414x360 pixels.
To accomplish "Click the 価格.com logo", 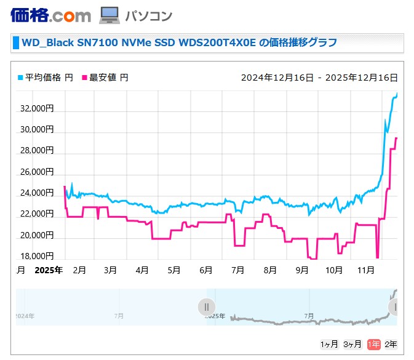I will (x=50, y=15).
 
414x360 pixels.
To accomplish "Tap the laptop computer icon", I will (x=109, y=15).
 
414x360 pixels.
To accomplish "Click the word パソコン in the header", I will (x=148, y=16).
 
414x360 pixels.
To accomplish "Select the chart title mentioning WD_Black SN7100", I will (x=179, y=42).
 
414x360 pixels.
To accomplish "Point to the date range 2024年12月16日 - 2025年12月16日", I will (x=319, y=78).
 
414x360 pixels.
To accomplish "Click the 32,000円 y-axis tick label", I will (x=38, y=108).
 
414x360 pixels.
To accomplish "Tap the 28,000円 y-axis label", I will (x=38, y=151).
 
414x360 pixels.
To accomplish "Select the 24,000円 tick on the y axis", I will (x=38, y=193).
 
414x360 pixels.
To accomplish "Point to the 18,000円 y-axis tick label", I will (x=38, y=256).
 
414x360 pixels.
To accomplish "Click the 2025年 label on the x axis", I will (x=49, y=270).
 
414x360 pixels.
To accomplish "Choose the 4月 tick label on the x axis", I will (x=142, y=270).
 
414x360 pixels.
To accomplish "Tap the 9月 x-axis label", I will (x=301, y=270).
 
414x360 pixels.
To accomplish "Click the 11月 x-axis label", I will (x=366, y=270).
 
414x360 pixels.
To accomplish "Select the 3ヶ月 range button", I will (x=352, y=344).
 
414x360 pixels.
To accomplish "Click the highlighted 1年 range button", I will (x=373, y=344).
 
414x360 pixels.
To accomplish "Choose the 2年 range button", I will (x=391, y=344).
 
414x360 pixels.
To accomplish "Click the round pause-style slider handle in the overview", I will (x=207, y=306).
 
